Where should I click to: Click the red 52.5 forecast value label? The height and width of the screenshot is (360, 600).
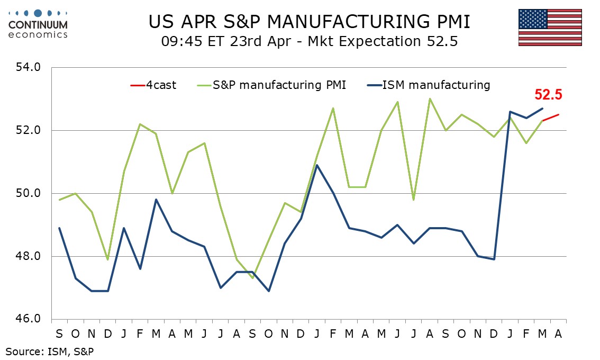click(548, 95)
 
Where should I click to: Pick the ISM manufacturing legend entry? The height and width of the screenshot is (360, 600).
click(428, 85)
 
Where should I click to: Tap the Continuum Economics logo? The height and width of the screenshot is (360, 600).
click(38, 24)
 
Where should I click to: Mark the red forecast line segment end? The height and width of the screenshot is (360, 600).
click(559, 114)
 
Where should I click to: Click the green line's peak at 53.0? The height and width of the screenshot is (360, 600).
click(430, 98)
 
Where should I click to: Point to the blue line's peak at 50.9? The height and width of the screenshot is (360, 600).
click(316, 165)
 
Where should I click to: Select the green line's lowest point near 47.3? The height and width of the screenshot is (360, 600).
click(252, 278)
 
